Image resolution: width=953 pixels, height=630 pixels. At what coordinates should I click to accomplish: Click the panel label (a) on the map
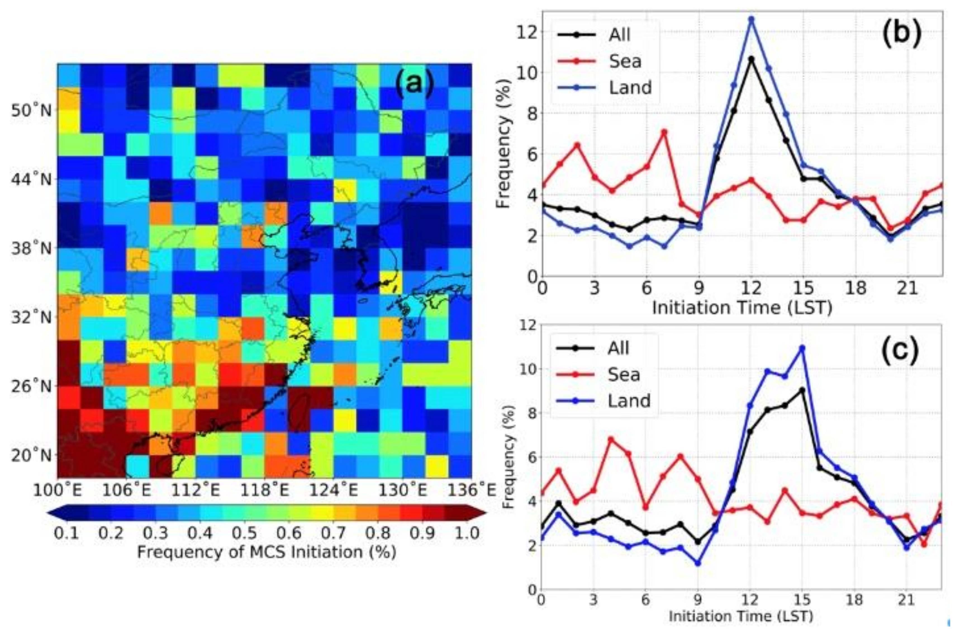(415, 84)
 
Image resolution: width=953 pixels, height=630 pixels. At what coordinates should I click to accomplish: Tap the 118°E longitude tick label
(264, 490)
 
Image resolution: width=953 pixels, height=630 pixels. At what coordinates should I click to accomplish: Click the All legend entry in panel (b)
(619, 35)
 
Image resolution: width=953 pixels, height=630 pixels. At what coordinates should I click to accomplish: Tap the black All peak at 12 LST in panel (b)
(751, 59)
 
